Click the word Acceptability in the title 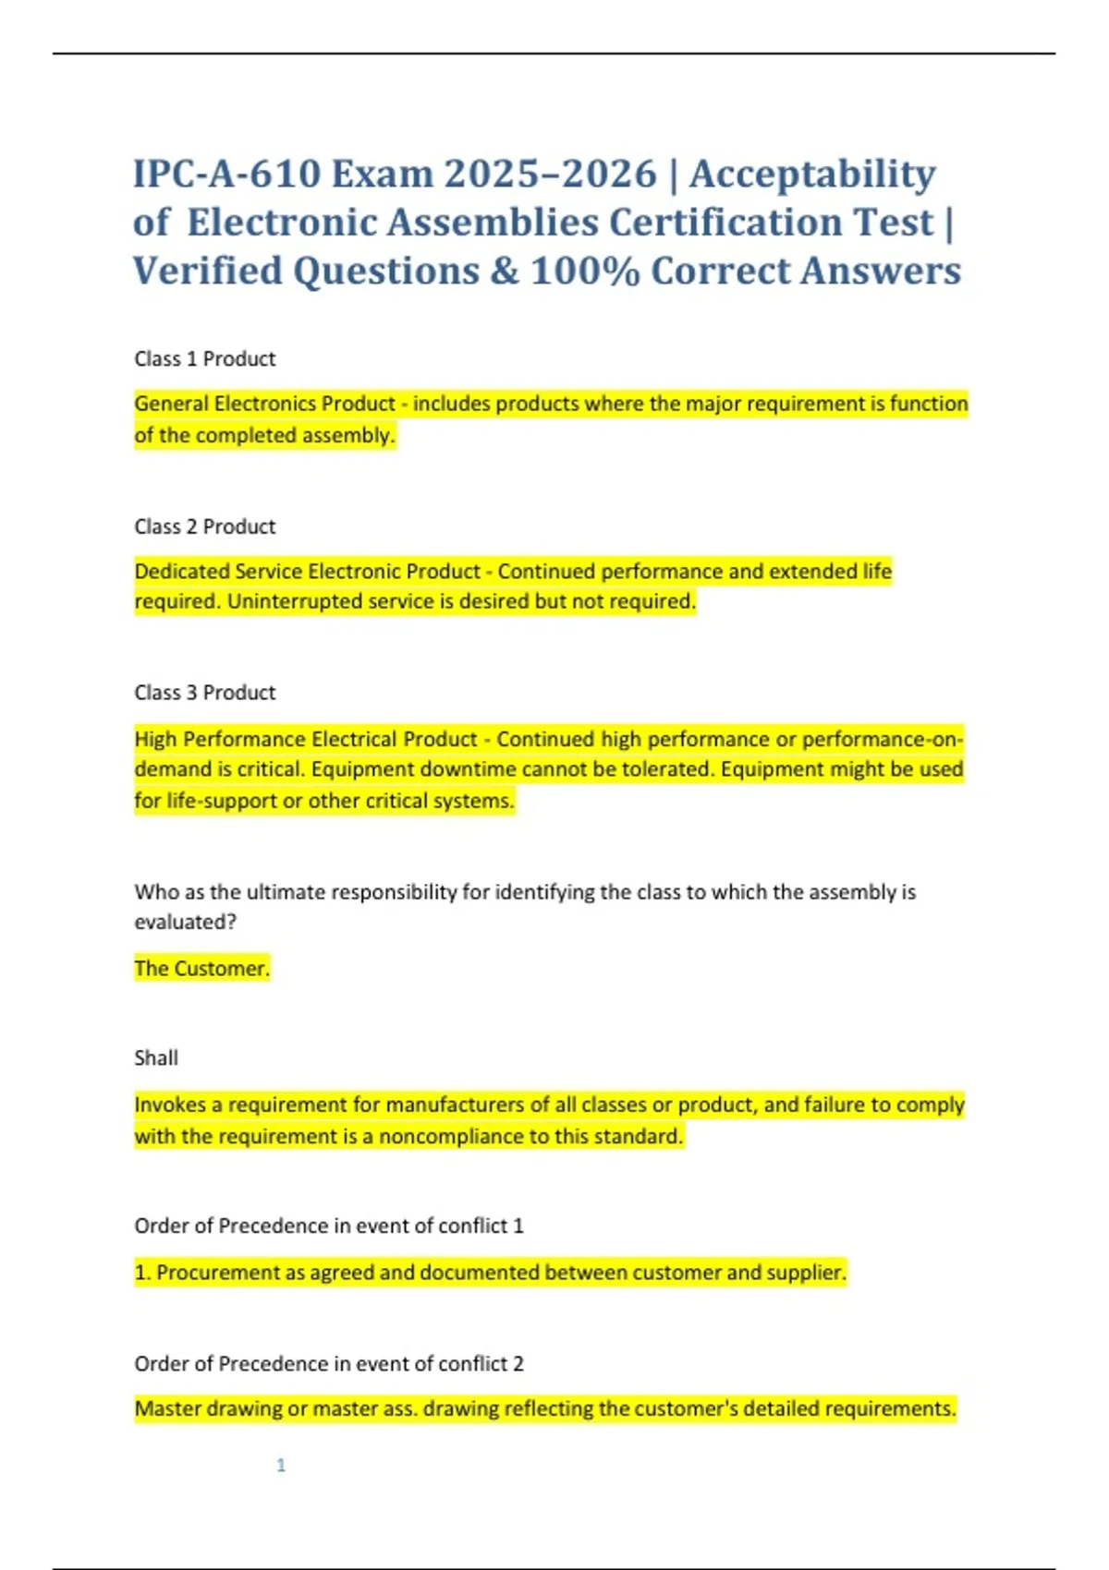812,175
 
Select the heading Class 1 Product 204,359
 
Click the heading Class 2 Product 204,526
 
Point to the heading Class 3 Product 204,693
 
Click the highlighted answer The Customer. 201,969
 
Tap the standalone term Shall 155,1058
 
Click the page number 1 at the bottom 281,1466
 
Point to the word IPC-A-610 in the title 226,175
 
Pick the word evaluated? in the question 185,923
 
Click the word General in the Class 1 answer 171,404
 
